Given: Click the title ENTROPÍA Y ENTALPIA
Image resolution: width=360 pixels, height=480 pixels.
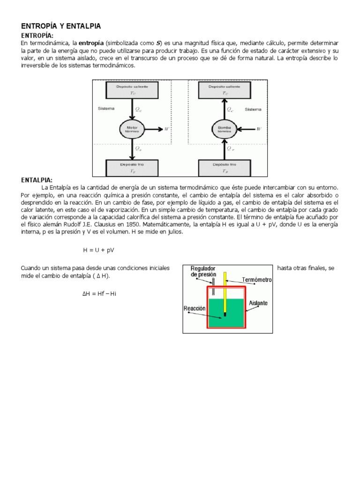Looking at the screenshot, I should pyautogui.click(x=61, y=26).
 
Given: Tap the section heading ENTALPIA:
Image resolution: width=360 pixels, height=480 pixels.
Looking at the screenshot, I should pyautogui.click(x=37, y=180).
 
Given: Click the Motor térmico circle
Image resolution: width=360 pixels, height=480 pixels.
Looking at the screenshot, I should pyautogui.click(x=131, y=128).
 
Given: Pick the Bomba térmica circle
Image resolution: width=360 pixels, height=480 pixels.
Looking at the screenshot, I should pyautogui.click(x=224, y=128).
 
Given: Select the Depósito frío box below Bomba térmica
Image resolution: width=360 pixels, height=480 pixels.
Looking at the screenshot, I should pyautogui.click(x=225, y=167).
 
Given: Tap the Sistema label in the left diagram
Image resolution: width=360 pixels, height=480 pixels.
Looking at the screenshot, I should pyautogui.click(x=106, y=109).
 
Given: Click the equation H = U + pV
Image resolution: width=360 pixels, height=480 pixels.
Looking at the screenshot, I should pyautogui.click(x=99, y=250).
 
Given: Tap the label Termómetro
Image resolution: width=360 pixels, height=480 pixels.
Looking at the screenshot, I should pyautogui.click(x=256, y=279).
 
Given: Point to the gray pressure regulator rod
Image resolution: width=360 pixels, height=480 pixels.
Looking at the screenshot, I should pyautogui.click(x=213, y=286).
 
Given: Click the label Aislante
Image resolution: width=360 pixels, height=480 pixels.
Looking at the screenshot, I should pyautogui.click(x=258, y=303).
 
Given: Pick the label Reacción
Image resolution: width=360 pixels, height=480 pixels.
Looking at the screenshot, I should pyautogui.click(x=195, y=308).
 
